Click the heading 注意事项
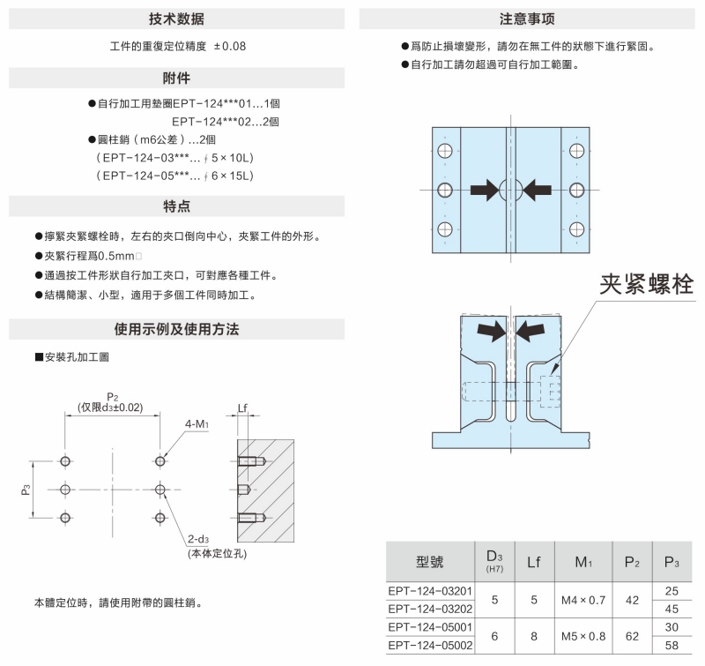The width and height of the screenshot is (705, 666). tap(527, 19)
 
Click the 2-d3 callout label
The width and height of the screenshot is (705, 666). tap(197, 540)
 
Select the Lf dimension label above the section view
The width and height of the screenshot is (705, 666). tap(245, 408)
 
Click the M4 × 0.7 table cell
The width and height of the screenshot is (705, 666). tap(583, 599)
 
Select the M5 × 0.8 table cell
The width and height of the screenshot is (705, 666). tap(583, 636)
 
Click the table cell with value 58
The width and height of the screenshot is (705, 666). tap(672, 646)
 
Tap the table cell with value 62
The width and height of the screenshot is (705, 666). tap(631, 636)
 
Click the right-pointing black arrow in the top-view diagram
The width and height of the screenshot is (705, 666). tap(484, 189)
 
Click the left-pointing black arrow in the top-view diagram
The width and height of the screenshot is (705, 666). tap(538, 189)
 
